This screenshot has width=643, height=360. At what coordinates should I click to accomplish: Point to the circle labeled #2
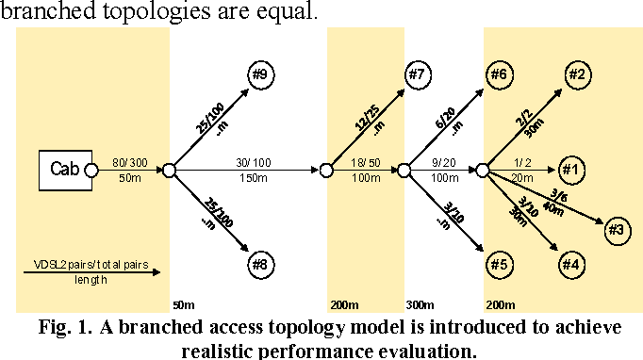point(577,74)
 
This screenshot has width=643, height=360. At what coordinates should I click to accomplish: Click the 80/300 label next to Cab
point(128,161)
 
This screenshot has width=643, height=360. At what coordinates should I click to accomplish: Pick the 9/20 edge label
point(441,161)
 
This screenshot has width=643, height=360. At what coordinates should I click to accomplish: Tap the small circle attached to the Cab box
point(91,171)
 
